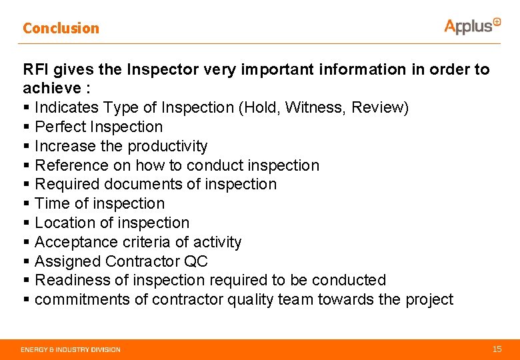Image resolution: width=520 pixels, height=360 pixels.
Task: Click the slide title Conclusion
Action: coord(61,28)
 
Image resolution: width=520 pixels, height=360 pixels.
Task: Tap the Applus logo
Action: coord(472,26)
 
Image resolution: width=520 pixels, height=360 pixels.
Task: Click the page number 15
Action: coord(497,349)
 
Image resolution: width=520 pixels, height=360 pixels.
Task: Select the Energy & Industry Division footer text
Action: coord(71,349)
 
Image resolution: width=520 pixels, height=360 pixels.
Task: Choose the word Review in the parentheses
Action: coord(379,107)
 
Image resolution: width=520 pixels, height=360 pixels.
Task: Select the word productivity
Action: coord(167,146)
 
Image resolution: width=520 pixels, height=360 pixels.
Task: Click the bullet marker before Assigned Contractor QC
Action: coord(26,261)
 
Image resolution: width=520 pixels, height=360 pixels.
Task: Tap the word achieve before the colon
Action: coord(49,89)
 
